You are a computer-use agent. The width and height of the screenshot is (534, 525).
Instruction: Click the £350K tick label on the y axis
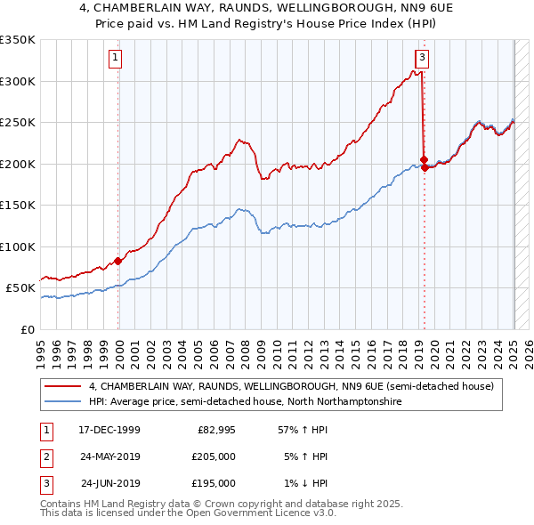point(18,40)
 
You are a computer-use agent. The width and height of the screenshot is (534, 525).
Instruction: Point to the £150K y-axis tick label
point(18,206)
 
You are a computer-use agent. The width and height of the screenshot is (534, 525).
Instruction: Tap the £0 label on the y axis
point(28,329)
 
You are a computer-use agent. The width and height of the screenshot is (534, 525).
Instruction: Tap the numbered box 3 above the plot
point(422,59)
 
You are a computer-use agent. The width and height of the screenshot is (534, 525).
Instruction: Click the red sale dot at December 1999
point(117,261)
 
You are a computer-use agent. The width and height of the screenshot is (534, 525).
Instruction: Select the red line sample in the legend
point(62,386)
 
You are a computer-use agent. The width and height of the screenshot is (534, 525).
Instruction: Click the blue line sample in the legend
point(62,402)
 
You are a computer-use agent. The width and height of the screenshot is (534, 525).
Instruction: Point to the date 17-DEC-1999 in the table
point(109,430)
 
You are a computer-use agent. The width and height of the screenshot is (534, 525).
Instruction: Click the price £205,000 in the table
point(214,456)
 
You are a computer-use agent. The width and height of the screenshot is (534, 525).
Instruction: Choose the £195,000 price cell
point(214,483)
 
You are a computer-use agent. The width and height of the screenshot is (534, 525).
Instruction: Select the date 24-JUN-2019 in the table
point(111,483)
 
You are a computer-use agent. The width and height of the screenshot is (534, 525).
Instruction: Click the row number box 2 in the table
point(45,456)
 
